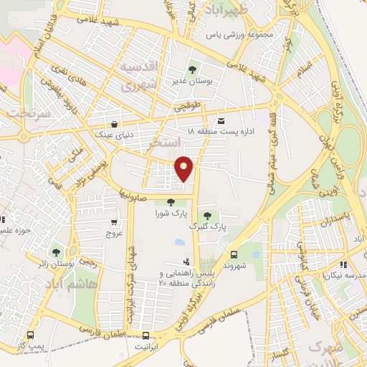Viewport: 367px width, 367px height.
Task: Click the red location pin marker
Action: [184, 168]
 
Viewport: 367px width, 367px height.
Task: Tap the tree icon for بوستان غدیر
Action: [192, 70]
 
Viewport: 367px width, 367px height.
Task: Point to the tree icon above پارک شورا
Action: [170, 203]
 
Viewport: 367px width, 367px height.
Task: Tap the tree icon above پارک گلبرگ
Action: [207, 215]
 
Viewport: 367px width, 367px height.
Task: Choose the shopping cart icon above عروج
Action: [115, 223]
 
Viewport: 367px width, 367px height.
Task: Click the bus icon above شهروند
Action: [234, 254]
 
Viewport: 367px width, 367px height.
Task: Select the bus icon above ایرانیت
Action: [146, 335]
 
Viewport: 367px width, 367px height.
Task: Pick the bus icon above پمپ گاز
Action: [30, 335]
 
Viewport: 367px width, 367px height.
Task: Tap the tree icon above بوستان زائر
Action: [55, 252]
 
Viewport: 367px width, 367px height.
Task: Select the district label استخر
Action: [162, 144]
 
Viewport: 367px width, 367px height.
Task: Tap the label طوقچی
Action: [188, 108]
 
